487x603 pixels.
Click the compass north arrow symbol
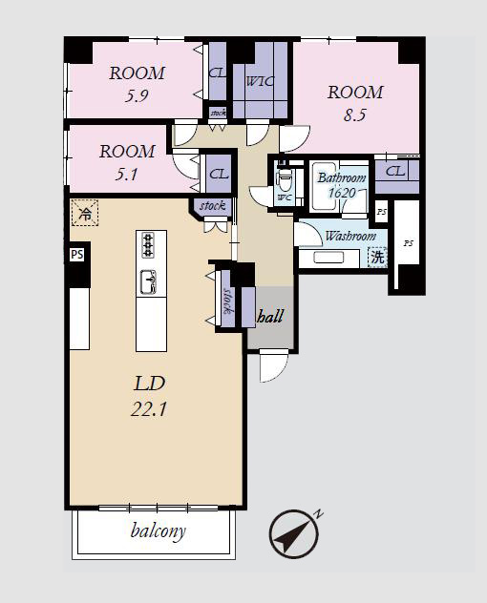point(294,533)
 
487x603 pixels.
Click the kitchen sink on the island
point(149,281)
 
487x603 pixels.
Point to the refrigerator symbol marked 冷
point(85,213)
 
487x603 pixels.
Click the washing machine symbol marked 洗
point(377,257)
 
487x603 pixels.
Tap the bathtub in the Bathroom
point(324,187)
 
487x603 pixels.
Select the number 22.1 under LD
point(149,409)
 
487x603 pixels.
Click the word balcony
point(159,531)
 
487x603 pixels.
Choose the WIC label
point(261,81)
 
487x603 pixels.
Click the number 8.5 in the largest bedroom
point(355,115)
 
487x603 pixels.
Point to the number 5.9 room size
point(137,95)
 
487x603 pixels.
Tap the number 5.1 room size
point(126,175)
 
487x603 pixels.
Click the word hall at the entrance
point(270,317)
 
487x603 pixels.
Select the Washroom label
point(350,236)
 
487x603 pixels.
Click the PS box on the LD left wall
point(77,254)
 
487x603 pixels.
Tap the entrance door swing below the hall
point(273,366)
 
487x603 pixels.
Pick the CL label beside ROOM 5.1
point(219,175)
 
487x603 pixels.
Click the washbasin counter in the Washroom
point(329,258)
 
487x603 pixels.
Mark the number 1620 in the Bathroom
point(342,193)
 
